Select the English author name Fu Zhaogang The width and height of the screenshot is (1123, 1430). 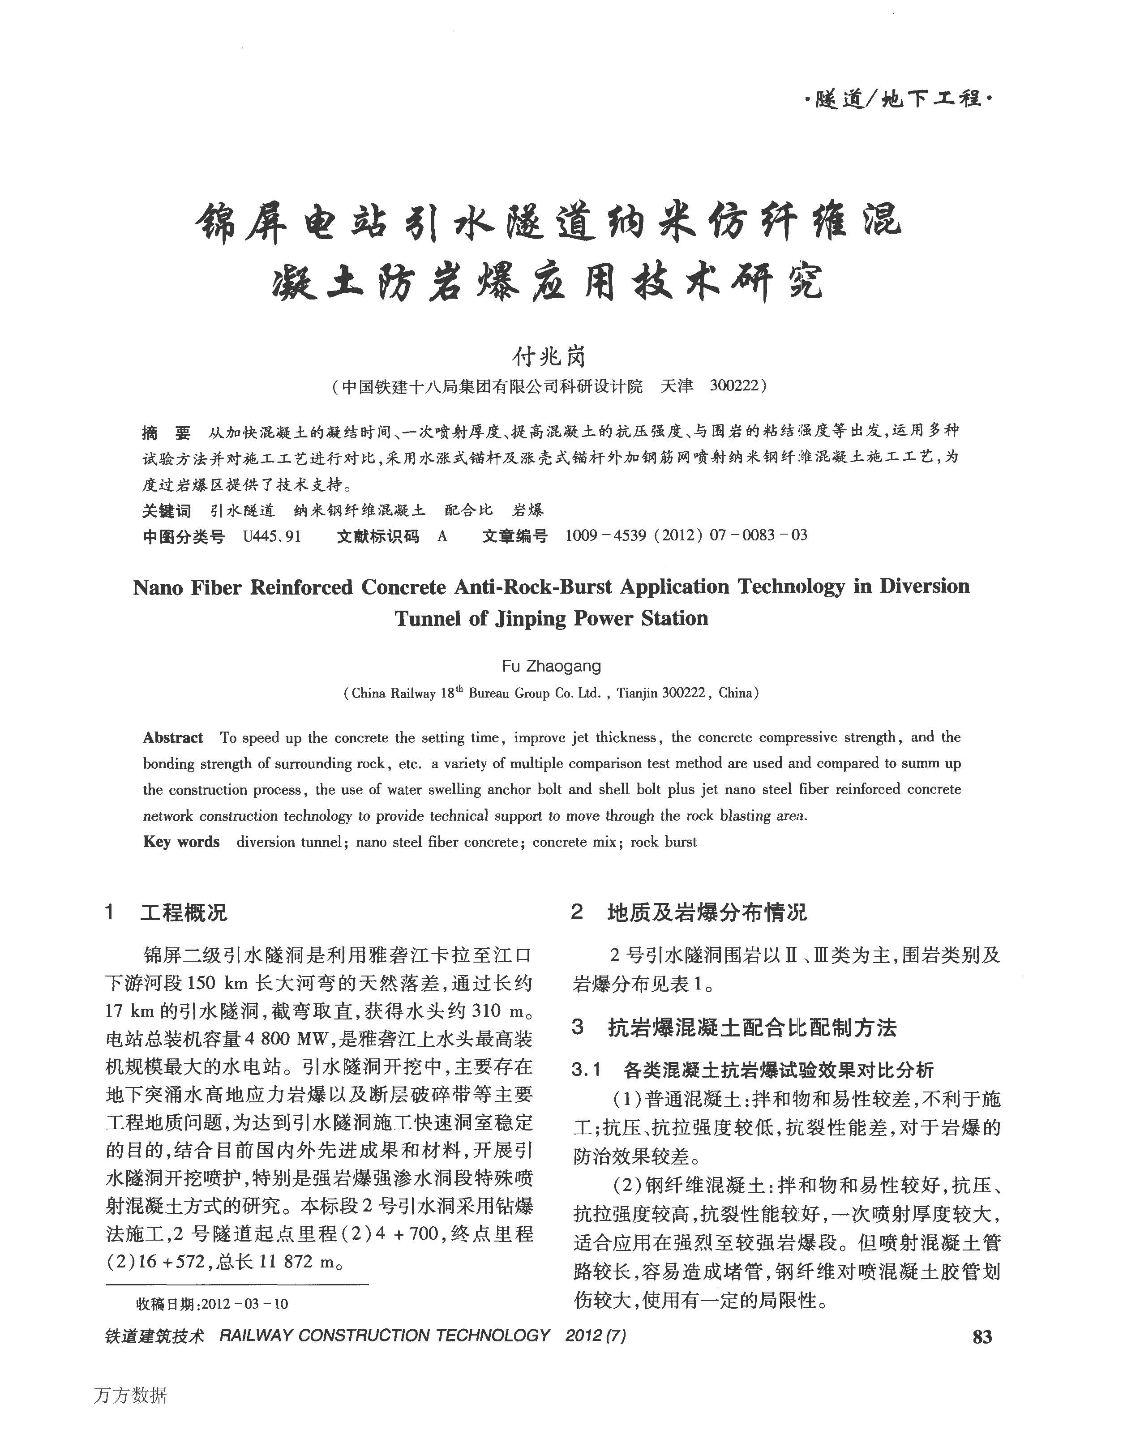[551, 666]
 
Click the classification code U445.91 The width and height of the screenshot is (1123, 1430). [271, 536]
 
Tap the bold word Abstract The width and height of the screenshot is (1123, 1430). [173, 738]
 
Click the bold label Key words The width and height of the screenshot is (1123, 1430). [181, 842]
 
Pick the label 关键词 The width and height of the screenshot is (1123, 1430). [167, 510]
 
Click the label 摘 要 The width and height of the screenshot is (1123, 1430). [167, 432]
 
